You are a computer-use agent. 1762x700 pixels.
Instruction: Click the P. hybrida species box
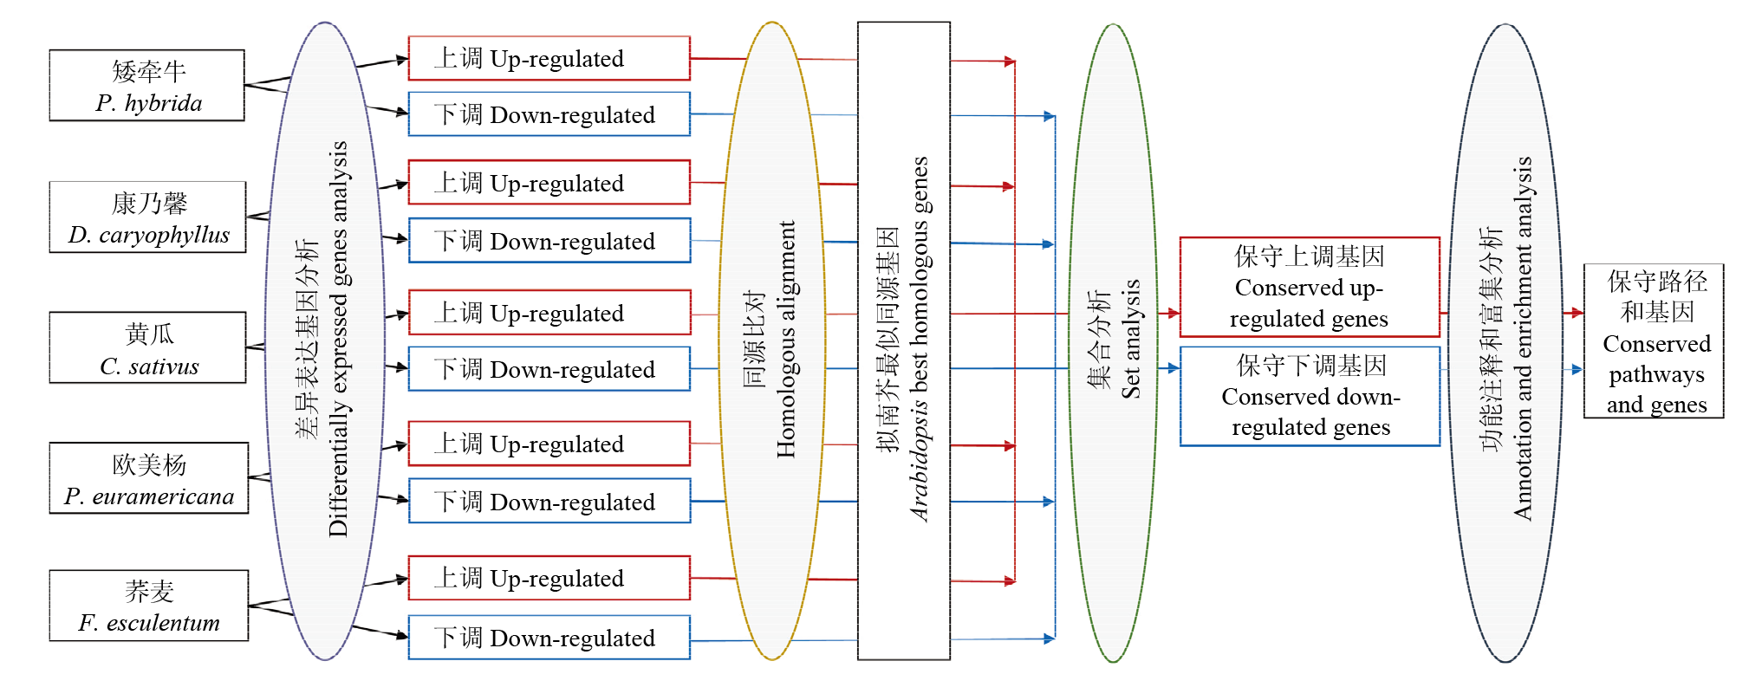tap(146, 85)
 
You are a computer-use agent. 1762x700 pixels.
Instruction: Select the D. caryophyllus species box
tap(147, 217)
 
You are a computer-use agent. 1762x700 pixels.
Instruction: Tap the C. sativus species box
tap(147, 347)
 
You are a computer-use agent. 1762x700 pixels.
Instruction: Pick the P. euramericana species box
tap(148, 478)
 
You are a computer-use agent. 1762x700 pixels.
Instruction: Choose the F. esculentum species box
tap(148, 606)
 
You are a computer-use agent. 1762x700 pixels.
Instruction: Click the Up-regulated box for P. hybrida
tap(549, 58)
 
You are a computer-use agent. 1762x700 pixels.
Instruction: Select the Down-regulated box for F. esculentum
tap(549, 638)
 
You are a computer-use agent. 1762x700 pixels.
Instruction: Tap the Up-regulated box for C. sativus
tap(549, 312)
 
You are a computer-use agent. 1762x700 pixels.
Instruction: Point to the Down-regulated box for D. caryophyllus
tap(549, 240)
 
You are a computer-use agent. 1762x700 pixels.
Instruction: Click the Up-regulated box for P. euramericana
tap(549, 444)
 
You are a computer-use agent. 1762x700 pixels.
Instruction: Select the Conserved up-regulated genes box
tap(1310, 287)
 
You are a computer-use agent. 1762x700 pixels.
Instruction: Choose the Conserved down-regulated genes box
tap(1310, 396)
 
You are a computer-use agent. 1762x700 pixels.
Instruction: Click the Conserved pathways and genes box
tap(1654, 341)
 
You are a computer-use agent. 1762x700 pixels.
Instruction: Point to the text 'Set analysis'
tap(1131, 339)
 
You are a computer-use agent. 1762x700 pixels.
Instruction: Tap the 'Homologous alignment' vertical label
tap(786, 339)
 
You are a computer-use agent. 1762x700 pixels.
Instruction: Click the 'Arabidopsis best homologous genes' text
tap(920, 339)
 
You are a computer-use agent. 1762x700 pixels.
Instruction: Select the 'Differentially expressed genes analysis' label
tap(338, 339)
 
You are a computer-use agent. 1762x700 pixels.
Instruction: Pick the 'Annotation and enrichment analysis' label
tap(1523, 339)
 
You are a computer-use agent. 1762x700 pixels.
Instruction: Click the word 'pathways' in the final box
tap(1656, 375)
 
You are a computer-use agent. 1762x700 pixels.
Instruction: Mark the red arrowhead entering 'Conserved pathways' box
tap(1577, 313)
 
